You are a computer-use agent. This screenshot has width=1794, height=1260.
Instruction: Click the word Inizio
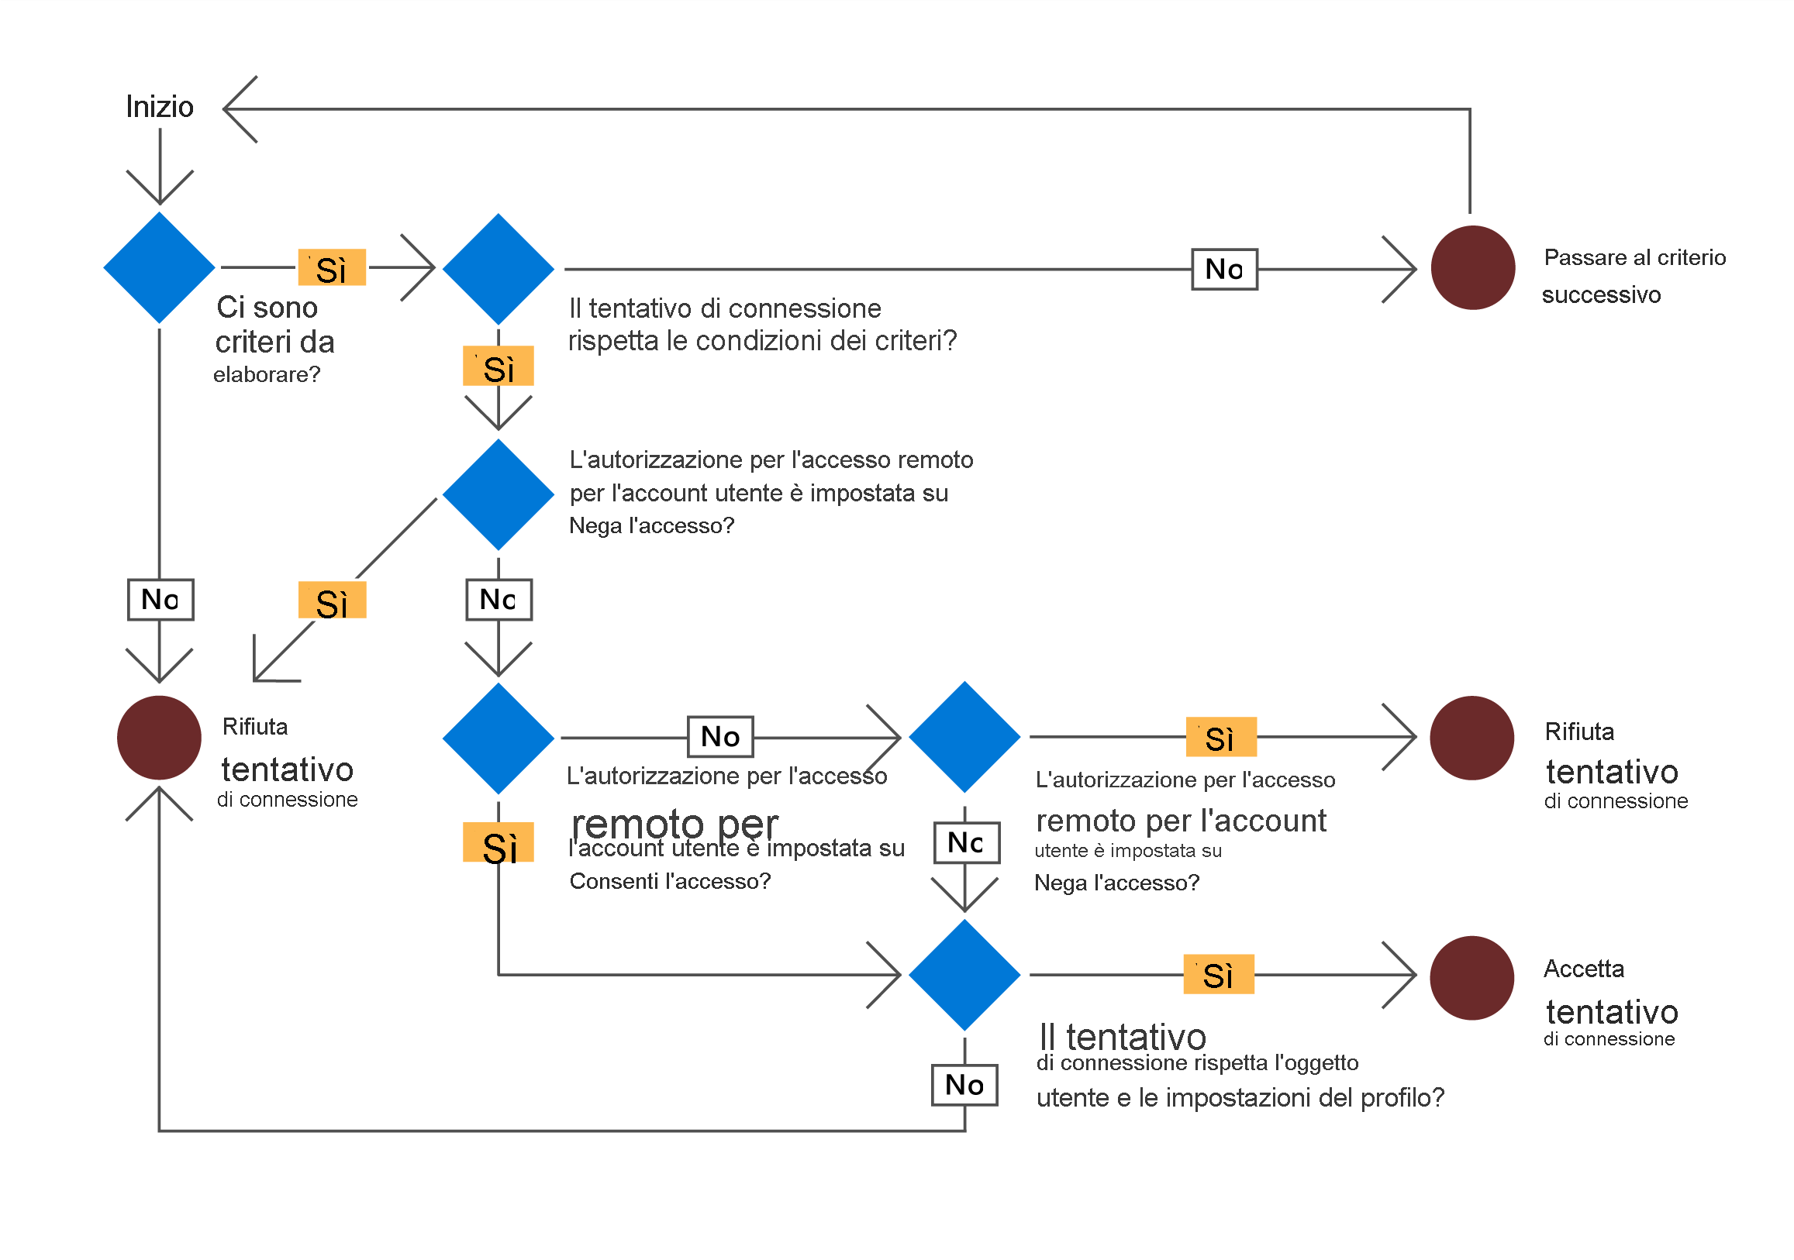160,107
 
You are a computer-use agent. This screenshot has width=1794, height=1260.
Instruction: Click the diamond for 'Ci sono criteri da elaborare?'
160,268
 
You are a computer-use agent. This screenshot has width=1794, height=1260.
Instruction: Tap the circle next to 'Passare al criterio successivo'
1473,268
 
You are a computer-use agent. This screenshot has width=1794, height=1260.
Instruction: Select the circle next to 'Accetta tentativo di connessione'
1472,978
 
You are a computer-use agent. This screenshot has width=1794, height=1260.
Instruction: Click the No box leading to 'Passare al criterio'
1224,270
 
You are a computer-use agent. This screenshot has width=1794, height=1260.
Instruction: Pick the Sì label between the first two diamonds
332,268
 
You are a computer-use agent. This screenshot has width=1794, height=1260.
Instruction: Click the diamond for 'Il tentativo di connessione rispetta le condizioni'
499,270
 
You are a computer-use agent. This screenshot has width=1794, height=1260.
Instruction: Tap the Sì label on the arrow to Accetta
1219,974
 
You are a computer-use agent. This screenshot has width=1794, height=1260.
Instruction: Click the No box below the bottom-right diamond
964,1084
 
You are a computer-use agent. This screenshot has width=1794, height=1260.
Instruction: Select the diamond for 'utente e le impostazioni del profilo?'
965,975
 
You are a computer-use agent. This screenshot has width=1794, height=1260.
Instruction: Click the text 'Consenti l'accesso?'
670,881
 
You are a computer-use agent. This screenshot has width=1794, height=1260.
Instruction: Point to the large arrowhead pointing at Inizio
238,109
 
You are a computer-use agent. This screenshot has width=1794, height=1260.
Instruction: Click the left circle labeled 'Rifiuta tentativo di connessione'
160,738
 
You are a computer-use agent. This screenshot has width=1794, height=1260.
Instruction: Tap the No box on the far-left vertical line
160,600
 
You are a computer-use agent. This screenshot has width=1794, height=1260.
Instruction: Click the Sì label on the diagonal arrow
332,601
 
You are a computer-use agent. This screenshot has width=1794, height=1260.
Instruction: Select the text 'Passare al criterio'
1634,257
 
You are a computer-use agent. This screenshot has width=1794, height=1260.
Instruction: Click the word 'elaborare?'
267,375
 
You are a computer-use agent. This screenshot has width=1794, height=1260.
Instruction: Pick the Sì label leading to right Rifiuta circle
1221,737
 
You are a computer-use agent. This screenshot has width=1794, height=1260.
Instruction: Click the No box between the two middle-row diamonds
720,737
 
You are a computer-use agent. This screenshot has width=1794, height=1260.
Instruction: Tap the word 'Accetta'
1584,969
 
